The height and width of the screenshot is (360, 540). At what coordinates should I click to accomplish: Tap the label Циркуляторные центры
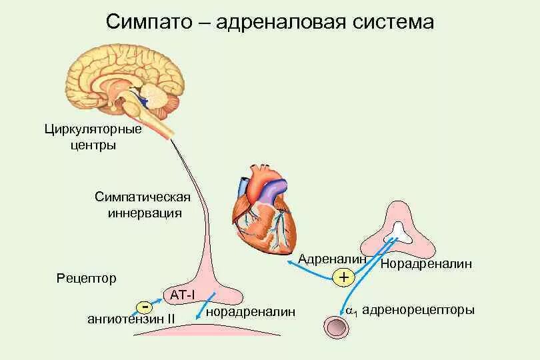[x=83, y=137]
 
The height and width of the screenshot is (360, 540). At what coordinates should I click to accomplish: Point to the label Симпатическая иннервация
[x=143, y=205]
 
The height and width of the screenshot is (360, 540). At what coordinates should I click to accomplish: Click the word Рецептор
[x=86, y=278]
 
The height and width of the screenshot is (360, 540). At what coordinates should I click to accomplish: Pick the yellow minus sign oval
[x=145, y=307]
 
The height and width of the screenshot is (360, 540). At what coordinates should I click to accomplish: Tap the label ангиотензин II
[x=131, y=319]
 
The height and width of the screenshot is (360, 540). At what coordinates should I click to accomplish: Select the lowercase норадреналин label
[x=250, y=311]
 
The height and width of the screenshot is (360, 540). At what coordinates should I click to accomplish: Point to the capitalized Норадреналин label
[x=426, y=264]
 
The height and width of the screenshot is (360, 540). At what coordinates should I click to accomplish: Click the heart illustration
[x=262, y=213]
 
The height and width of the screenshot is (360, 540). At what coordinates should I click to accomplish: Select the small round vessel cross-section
[x=337, y=327]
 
